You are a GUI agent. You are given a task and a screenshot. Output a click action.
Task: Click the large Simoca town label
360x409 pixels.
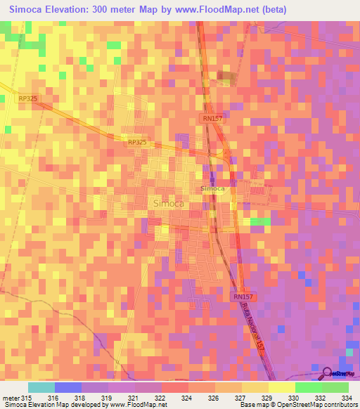(168, 203)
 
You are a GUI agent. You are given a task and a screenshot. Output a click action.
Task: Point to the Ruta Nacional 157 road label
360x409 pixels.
(254, 330)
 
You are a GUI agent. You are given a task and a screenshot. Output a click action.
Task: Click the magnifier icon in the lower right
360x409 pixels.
(328, 373)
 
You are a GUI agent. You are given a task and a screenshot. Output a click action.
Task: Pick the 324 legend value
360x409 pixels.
(186, 398)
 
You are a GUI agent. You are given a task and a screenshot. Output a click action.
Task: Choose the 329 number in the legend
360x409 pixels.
(266, 398)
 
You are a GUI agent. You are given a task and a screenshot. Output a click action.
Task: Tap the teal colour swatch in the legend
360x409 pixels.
(41, 387)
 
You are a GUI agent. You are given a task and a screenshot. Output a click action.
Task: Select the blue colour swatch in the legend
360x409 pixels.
(68, 387)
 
